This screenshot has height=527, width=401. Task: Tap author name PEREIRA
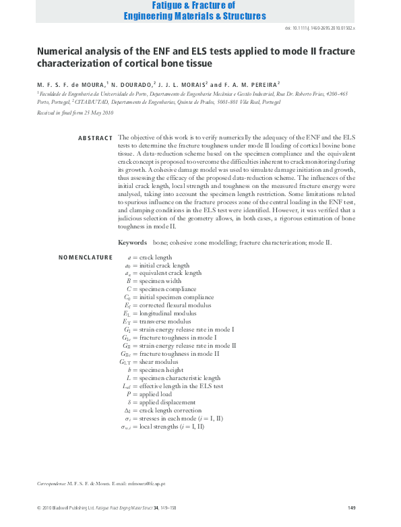(x=258, y=84)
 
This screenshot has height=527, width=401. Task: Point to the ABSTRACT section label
(x=95, y=138)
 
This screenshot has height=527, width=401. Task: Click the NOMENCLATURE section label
(x=86, y=257)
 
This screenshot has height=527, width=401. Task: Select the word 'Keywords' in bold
(x=132, y=242)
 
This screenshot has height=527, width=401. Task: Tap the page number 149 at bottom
(x=351, y=507)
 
